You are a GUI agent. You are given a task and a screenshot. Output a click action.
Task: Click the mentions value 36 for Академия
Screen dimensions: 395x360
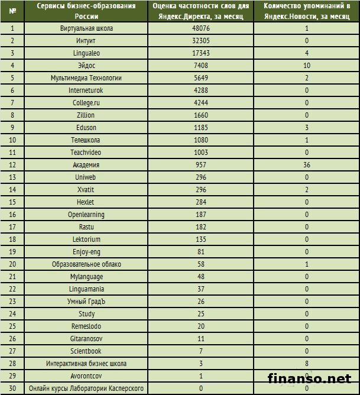coord(307,165)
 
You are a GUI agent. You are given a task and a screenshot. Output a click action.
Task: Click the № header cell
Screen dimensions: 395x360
coord(12,10)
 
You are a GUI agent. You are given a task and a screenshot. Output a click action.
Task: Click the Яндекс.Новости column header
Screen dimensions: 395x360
coord(307,10)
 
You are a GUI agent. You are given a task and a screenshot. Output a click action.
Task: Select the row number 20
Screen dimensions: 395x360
coord(12,264)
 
